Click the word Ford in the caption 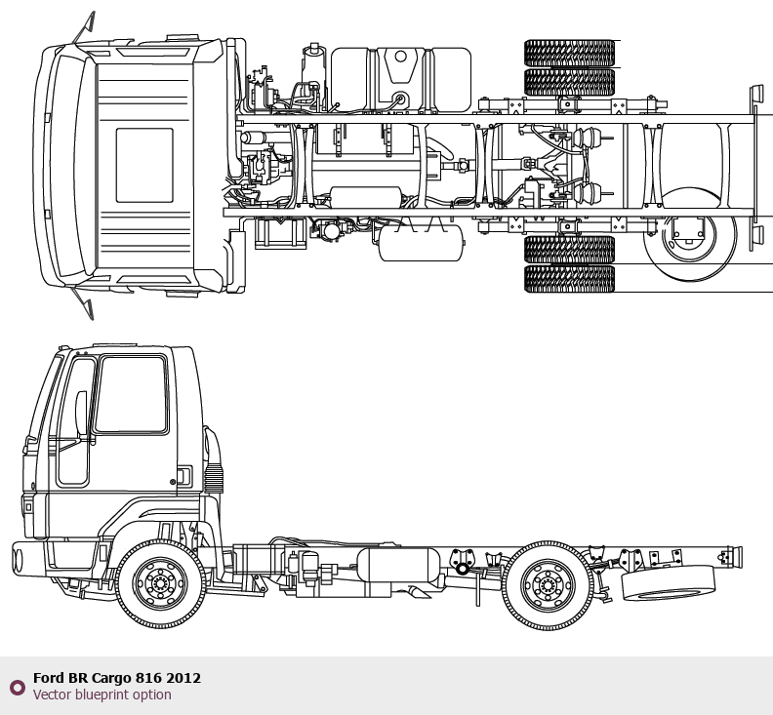tap(49, 678)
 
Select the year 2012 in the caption tap(183, 678)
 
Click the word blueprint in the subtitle tap(106, 695)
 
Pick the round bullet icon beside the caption tap(17, 687)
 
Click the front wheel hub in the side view tap(160, 583)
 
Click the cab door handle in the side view tap(182, 475)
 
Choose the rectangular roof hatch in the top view tap(144, 166)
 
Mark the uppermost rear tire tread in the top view tap(570, 52)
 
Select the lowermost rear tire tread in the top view tap(570, 280)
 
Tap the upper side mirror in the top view tap(84, 28)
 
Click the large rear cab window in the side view tap(131, 395)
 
